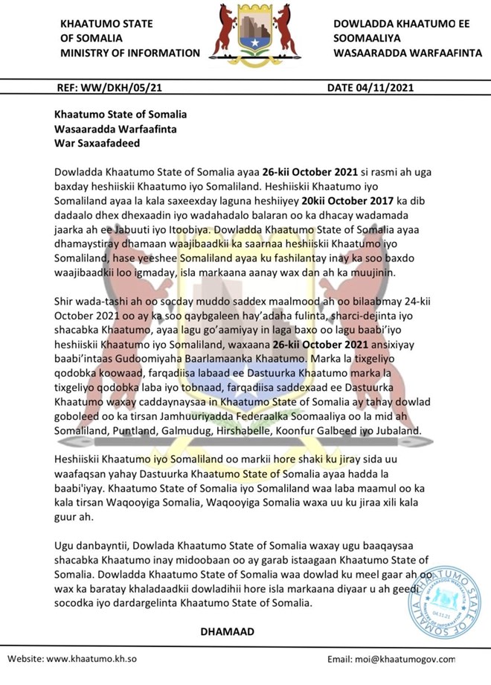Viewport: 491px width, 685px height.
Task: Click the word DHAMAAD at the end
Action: click(x=227, y=631)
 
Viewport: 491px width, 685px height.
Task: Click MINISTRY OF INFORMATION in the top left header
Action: click(x=130, y=53)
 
